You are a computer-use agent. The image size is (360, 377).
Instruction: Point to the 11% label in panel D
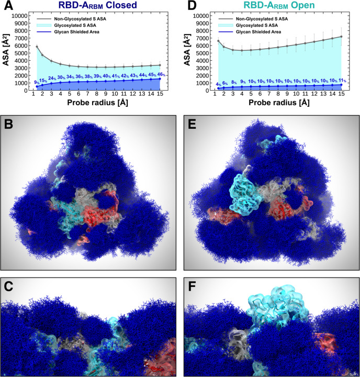[342, 80]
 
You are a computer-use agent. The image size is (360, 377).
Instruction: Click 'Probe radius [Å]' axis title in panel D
[277, 104]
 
